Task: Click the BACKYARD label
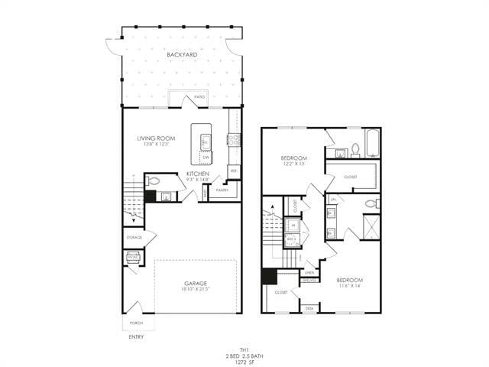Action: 182,56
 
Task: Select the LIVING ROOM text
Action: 156,138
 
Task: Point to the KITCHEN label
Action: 197,174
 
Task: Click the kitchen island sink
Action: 206,140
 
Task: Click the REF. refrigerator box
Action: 234,171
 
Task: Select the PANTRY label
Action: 222,189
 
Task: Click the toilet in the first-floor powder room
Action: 153,181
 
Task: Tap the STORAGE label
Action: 134,238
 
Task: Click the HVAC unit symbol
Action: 133,258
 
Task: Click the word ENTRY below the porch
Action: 135,336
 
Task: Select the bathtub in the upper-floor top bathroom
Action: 373,143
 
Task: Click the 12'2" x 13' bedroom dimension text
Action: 294,164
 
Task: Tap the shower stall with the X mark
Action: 371,227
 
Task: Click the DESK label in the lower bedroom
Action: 309,308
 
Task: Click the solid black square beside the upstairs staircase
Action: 269,276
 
